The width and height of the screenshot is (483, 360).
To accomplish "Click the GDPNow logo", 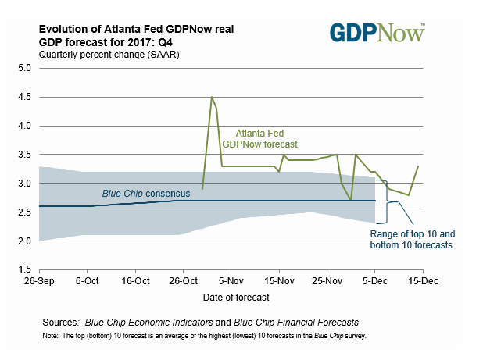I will [x=377, y=32].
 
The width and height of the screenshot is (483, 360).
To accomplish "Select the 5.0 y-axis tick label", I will [x=24, y=68].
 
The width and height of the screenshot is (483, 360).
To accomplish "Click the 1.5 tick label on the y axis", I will [x=24, y=269].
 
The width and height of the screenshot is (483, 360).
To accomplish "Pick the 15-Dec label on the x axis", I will [x=422, y=280].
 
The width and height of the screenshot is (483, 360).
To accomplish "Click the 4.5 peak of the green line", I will [x=212, y=97].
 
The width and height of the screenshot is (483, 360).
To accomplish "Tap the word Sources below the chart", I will [x=60, y=321].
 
